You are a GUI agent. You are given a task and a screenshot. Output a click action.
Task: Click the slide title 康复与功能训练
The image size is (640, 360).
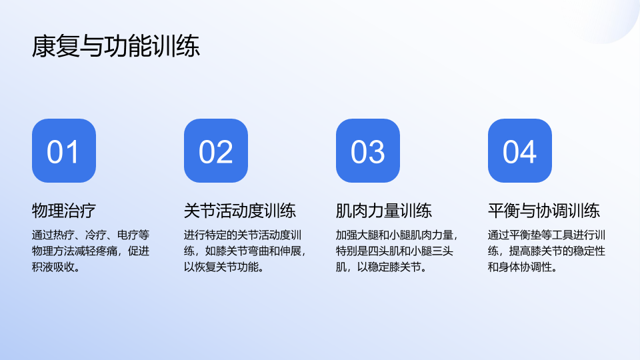116,46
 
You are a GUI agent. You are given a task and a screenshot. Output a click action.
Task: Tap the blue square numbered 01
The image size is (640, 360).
64,151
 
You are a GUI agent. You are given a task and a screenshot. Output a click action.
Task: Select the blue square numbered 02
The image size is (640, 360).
216,151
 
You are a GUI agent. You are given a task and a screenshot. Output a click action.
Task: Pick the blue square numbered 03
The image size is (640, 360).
368,151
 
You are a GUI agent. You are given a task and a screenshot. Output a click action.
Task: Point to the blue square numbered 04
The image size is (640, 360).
519,151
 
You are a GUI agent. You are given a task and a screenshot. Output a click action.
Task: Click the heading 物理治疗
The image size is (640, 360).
64,211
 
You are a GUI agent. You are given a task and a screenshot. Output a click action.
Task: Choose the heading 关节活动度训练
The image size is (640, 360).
240,211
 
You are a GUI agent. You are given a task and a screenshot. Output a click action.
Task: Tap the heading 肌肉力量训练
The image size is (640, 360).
384,211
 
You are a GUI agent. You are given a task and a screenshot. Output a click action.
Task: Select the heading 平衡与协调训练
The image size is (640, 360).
544,211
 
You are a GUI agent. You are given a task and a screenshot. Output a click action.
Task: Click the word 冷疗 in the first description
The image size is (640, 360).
96,235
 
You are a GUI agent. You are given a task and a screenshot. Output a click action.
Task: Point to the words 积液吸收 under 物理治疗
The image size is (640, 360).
53,267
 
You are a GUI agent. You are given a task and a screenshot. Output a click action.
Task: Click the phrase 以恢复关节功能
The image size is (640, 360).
221,267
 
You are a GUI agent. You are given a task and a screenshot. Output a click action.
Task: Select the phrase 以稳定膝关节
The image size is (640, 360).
389,267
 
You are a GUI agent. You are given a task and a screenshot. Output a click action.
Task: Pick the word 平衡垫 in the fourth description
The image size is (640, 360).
525,235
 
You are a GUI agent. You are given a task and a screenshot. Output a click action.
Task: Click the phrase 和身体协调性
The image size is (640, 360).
519,267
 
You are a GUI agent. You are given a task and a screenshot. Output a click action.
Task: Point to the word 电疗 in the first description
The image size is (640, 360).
128,235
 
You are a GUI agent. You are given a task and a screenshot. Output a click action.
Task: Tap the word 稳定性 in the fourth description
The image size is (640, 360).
589,251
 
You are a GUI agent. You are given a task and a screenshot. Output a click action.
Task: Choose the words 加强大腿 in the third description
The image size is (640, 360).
357,235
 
